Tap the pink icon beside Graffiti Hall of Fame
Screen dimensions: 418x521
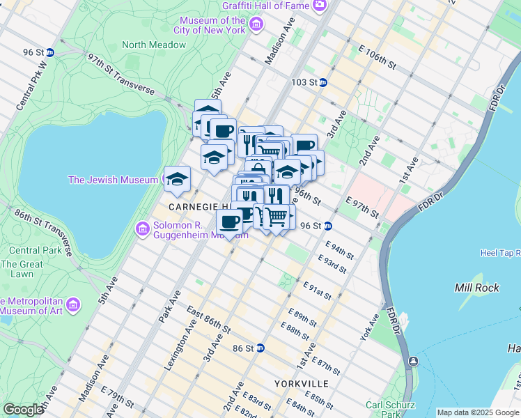320,6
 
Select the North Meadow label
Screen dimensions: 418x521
154,45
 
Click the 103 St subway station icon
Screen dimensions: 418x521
323,82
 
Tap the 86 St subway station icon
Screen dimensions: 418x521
260,348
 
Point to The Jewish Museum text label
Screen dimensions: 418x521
112,180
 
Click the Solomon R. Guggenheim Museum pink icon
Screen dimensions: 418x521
143,229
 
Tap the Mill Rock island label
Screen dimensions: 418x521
474,288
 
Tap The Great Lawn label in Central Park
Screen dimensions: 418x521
21,269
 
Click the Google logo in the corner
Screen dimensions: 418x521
23,409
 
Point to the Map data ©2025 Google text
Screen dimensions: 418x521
477,412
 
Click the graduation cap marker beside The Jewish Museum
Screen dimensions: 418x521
177,178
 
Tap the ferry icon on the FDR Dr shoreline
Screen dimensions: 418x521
413,362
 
